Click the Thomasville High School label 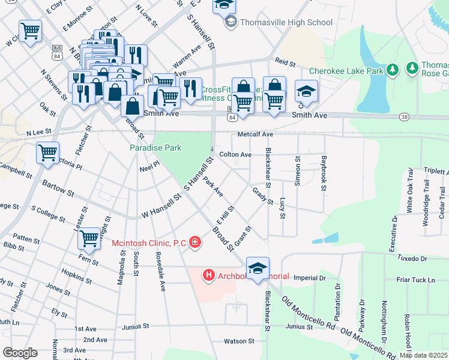tap(286, 23)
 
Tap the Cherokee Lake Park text tap(346, 71)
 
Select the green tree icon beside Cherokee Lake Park tap(393, 70)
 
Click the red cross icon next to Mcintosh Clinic tap(195, 242)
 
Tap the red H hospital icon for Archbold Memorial tap(209, 276)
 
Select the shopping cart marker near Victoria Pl tap(47, 151)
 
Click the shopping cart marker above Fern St tap(89, 238)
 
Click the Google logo tap(20, 352)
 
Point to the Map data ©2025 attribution tap(423, 355)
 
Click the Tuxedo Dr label tap(412, 259)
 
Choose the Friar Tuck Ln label tap(416, 280)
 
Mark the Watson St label tap(239, 341)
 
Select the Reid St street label tap(286, 62)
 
